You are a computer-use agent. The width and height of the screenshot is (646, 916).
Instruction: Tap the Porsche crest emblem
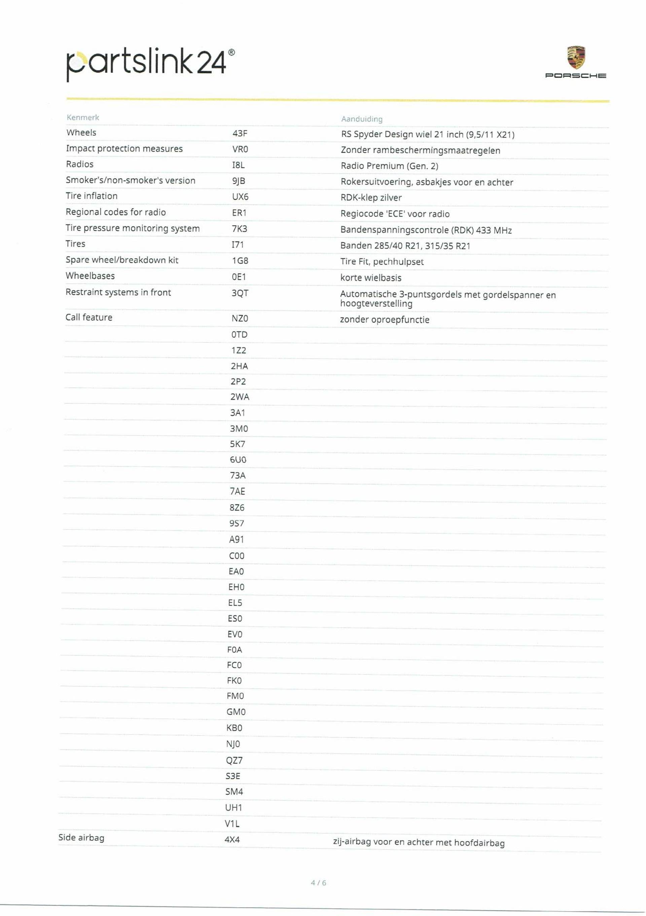tap(576, 57)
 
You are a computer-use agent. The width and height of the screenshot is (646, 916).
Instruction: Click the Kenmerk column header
tap(83, 117)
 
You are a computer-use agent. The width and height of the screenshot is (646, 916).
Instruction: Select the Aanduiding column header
tap(361, 119)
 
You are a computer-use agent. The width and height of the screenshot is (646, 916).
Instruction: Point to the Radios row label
tap(79, 164)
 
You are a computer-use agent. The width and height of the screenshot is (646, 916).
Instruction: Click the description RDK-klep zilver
tap(370, 197)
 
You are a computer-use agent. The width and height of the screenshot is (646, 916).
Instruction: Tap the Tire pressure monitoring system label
tap(132, 228)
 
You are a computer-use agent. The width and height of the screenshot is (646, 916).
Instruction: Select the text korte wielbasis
tap(370, 278)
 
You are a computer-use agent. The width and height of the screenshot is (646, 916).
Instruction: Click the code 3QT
tap(240, 293)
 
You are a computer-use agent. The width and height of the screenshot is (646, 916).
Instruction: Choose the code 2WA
tap(239, 397)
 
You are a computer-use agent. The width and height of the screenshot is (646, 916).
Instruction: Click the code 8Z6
tap(237, 508)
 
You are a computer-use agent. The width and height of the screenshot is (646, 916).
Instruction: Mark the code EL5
tap(235, 603)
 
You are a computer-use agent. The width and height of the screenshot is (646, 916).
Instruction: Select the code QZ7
tap(234, 760)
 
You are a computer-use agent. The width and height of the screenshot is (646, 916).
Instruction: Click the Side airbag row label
tap(81, 837)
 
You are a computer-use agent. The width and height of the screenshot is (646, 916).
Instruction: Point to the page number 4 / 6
tap(318, 883)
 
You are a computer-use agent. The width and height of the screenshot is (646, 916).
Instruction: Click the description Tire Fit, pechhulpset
tap(381, 262)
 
